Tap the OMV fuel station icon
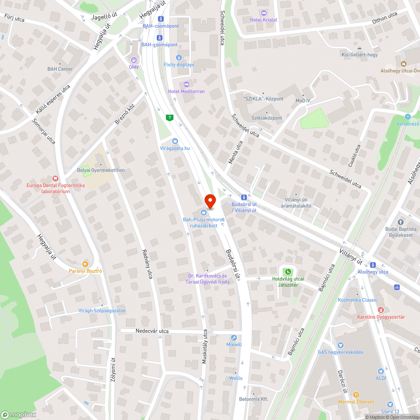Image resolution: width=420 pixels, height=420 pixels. [x=134, y=60]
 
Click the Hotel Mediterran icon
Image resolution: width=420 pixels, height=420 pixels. [x=186, y=84]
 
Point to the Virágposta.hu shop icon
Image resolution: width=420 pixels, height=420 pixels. [x=175, y=141]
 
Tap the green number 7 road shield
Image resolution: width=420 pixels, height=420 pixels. [x=169, y=118]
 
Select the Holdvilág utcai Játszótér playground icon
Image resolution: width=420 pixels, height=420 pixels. [x=288, y=271]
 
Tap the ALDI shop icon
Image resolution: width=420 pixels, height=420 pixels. [x=381, y=371]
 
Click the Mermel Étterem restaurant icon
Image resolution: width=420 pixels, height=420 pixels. [x=356, y=395]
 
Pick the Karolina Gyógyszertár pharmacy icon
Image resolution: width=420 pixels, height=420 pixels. [x=381, y=310]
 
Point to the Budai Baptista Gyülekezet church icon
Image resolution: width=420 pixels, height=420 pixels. [x=401, y=222]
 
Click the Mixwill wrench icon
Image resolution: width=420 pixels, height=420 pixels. [x=234, y=337]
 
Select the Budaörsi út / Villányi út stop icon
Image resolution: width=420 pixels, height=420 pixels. [x=244, y=197]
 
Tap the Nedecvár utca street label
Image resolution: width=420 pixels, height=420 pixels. [x=152, y=331]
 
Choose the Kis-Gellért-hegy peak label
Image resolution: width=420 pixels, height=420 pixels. [x=360, y=55]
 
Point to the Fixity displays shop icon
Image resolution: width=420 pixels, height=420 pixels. [x=179, y=57]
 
